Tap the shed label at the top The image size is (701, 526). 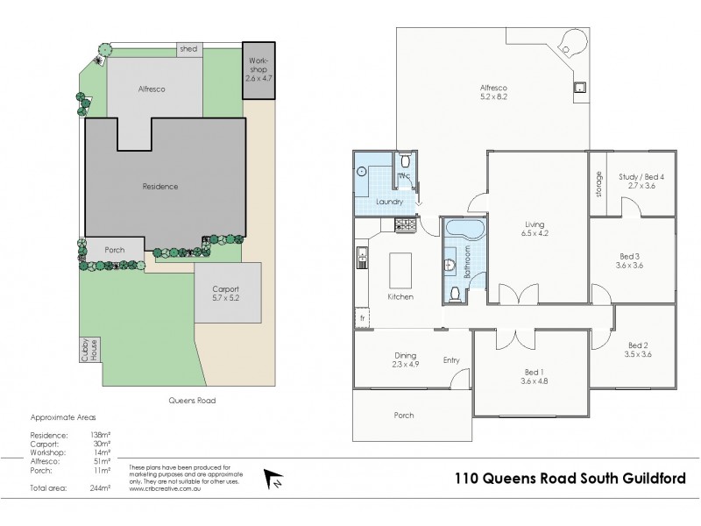click(188, 49)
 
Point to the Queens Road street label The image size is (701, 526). click(191, 400)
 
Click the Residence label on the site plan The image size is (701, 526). click(160, 187)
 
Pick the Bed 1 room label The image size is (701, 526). click(527, 376)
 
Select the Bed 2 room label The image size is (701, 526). click(637, 350)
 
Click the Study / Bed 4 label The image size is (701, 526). click(641, 181)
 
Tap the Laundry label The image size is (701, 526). click(389, 203)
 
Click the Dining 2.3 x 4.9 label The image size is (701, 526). click(404, 359)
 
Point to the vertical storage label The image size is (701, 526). click(599, 183)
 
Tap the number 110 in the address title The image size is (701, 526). click(469, 479)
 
